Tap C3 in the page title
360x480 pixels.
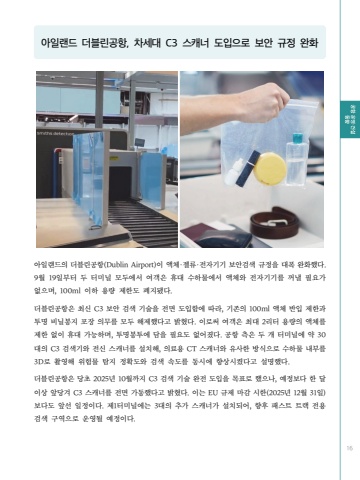(x=172, y=43)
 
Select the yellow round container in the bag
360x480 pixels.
(x=270, y=168)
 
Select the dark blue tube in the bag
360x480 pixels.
(x=247, y=168)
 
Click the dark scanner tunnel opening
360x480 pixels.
(x=124, y=182)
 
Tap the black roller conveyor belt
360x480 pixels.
(x=143, y=222)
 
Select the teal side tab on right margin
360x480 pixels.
(x=350, y=119)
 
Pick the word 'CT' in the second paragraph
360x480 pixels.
(x=191, y=349)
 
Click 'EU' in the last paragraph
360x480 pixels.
(x=213, y=393)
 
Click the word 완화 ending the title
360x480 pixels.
(x=309, y=43)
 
